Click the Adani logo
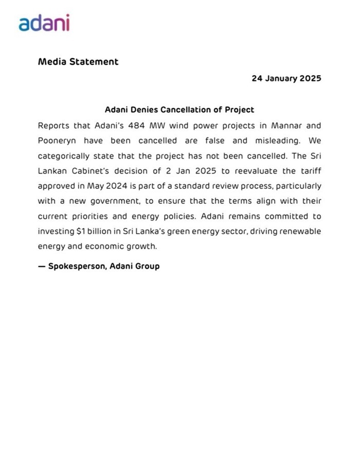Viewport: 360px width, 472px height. [44, 23]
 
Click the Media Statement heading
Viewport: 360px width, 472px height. [78, 62]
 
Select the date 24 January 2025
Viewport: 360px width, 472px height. [286, 79]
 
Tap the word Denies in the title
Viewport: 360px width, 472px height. [144, 110]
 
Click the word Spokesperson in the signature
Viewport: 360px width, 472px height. [77, 267]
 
